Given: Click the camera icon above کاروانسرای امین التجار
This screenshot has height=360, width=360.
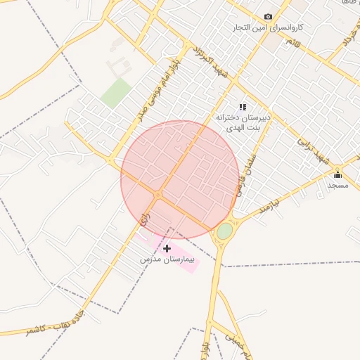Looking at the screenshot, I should [x=268, y=16].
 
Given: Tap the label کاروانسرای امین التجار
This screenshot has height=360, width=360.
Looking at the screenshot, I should [x=269, y=27].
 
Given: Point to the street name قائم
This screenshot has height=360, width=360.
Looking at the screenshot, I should [x=290, y=43].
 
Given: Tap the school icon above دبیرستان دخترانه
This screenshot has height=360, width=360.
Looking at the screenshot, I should [x=243, y=107].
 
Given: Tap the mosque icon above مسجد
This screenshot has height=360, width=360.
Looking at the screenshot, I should [x=337, y=174].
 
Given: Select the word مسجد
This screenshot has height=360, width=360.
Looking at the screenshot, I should [x=337, y=185].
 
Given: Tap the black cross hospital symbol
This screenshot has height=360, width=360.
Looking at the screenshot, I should [x=167, y=248].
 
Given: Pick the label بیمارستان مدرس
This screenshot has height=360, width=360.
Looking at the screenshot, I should [x=166, y=259].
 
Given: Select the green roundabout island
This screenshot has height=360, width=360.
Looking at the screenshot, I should [x=224, y=231].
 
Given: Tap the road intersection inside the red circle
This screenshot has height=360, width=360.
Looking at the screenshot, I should [x=160, y=195].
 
